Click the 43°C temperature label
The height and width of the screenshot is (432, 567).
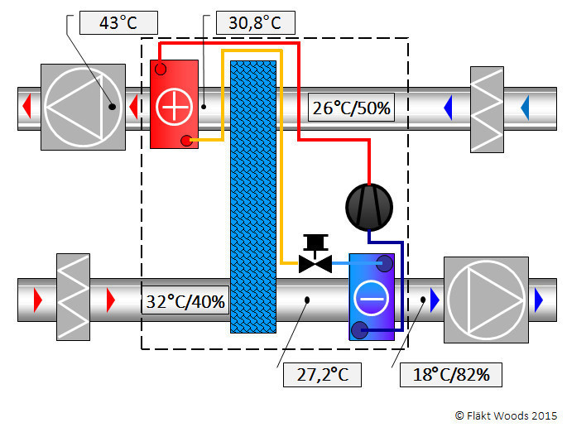(118, 23)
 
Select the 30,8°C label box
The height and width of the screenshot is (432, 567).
(255, 23)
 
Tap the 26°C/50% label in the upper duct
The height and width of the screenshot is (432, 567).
(351, 108)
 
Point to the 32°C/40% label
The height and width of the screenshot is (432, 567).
(185, 300)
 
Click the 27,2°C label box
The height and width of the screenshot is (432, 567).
(322, 375)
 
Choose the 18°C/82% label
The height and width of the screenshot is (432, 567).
(451, 375)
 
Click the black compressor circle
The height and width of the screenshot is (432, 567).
(369, 207)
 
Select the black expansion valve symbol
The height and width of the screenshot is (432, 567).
(315, 254)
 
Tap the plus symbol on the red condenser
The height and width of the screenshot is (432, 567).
(174, 106)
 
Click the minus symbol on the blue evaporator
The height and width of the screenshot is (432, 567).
(372, 299)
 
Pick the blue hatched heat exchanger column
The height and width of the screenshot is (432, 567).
(253, 197)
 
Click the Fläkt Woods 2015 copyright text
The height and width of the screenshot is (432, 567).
(507, 415)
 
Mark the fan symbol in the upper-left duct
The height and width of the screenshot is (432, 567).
(83, 107)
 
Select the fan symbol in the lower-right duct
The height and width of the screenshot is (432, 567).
(486, 300)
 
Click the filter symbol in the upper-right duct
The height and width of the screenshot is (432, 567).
(487, 109)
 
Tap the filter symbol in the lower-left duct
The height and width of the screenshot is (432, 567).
(73, 297)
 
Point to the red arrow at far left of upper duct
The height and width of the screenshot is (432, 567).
(26, 107)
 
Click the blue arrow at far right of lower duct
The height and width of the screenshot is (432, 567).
(539, 300)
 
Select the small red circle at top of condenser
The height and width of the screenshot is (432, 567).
(161, 69)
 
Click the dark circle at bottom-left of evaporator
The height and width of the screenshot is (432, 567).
(359, 329)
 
